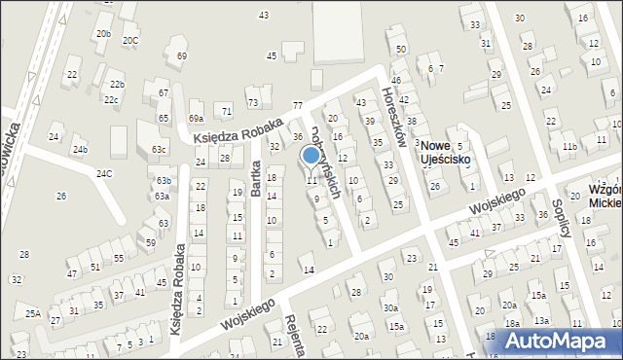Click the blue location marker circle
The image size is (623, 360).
pyautogui.click(x=311, y=155)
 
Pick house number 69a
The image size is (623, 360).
pyautogui.click(x=196, y=118)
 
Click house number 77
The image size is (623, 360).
pyautogui.click(x=298, y=105)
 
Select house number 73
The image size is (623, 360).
pyautogui.click(x=252, y=102)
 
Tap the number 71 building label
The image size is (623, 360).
pyautogui.click(x=226, y=112)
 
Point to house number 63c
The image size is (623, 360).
pyautogui.click(x=158, y=150)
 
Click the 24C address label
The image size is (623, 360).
pyautogui.click(x=103, y=173)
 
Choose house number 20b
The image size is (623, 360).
pyautogui.click(x=102, y=34)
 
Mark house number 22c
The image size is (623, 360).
pyautogui.click(x=112, y=99)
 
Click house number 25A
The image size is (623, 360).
pyautogui.click(x=33, y=313)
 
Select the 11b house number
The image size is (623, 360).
pyautogui.click(x=568, y=147)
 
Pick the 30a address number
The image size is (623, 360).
pyautogui.click(x=389, y=307)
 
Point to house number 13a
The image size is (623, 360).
pyautogui.click(x=540, y=321)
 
